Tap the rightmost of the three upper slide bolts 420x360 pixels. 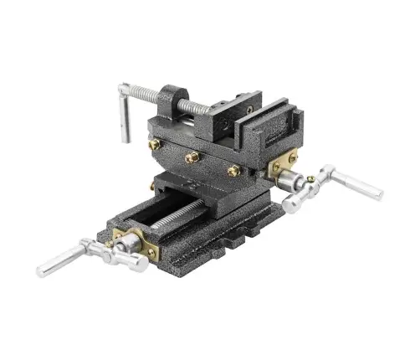(233, 170)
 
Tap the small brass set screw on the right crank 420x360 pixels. (311, 177)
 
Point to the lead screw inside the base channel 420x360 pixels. (172, 213)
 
